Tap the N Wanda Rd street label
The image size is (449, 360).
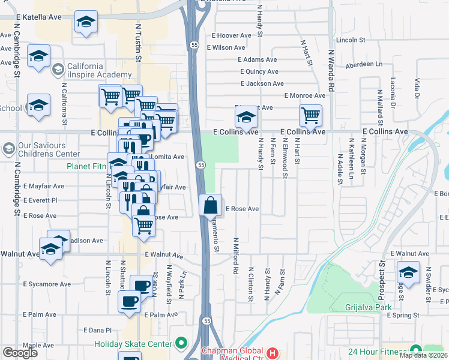330,73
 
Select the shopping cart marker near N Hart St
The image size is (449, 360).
310,115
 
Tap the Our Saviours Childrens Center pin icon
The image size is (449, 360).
8,148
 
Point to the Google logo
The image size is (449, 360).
20,353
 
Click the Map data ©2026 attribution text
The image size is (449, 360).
423,355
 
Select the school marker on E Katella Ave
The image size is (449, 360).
86,23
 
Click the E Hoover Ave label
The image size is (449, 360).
230,35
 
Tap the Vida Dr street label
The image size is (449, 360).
416,89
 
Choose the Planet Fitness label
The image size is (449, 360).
86,166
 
